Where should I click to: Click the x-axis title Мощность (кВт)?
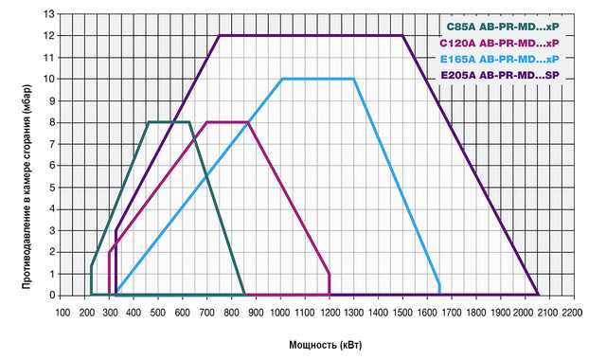pyautogui.click(x=317, y=342)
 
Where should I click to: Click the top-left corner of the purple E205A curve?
pyautogui.click(x=220, y=36)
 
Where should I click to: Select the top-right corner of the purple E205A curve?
pyautogui.click(x=402, y=36)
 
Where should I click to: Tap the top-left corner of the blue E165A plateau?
pyautogui.click(x=282, y=79)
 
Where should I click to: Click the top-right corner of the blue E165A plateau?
pyautogui.click(x=354, y=79)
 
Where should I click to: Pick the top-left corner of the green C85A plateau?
pyautogui.click(x=149, y=122)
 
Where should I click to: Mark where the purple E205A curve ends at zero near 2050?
pyautogui.click(x=538, y=295)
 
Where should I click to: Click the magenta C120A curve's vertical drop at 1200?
pyautogui.click(x=330, y=284)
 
